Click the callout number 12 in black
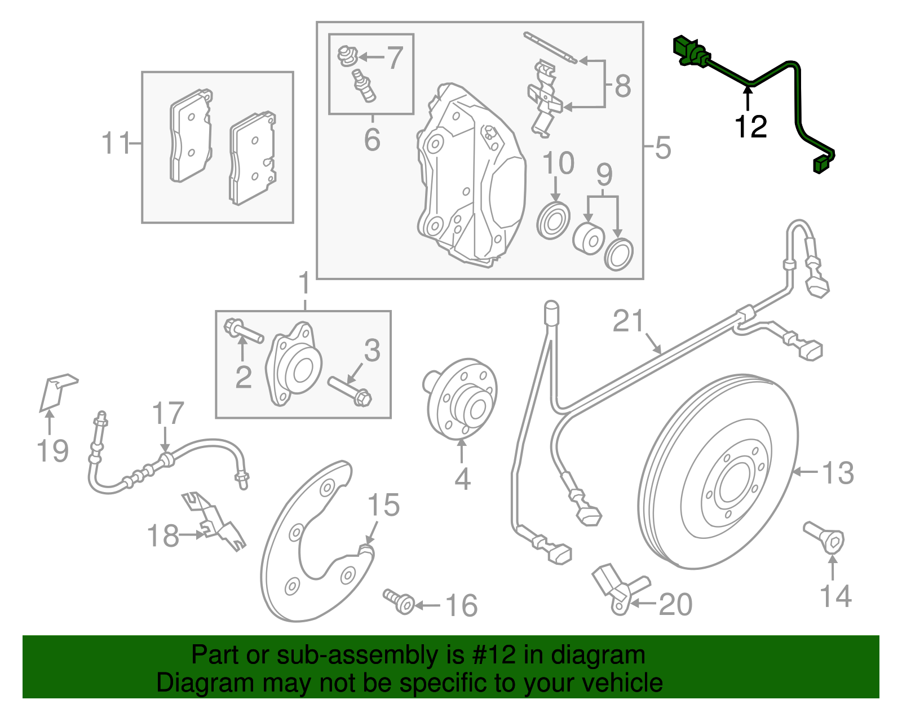(750, 127)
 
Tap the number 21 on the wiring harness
(628, 321)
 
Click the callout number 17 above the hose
(167, 414)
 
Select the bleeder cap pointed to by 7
(347, 55)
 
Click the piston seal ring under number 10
(553, 222)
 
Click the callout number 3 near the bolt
(372, 351)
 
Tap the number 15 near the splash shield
(383, 505)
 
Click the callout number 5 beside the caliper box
(663, 148)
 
